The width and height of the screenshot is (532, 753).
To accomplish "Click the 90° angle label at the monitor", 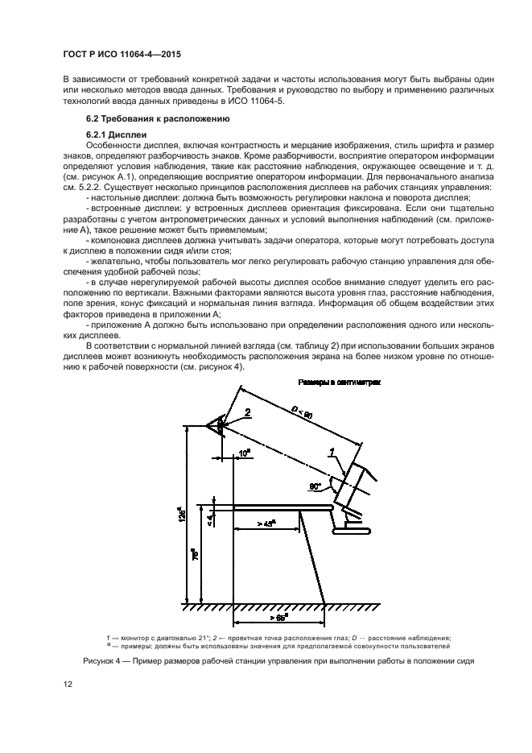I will pyautogui.click(x=315, y=486).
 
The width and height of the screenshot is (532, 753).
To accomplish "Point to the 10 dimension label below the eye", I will pyautogui.click(x=245, y=454).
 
